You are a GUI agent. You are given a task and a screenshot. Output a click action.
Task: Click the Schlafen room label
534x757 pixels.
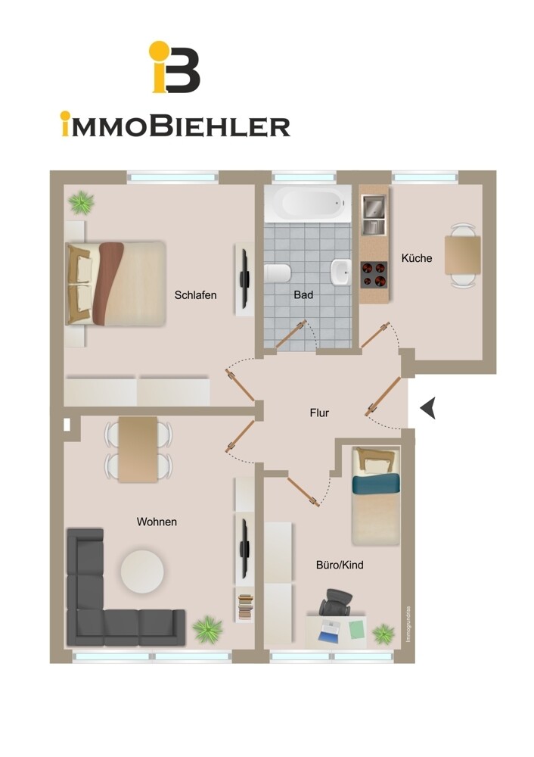click(x=195, y=295)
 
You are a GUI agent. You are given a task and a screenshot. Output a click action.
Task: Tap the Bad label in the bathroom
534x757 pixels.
click(x=303, y=294)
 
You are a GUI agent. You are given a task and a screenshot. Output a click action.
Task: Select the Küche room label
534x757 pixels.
click(x=417, y=258)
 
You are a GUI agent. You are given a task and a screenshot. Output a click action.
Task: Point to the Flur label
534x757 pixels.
click(x=319, y=413)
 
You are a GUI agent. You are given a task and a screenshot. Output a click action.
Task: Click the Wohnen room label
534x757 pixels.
click(x=157, y=522)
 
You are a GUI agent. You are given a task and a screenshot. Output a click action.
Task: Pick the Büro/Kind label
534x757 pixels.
click(x=340, y=565)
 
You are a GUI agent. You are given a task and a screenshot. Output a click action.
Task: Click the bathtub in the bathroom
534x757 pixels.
click(x=308, y=204)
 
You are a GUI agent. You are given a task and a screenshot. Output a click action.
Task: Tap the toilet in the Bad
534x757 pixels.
click(x=277, y=273)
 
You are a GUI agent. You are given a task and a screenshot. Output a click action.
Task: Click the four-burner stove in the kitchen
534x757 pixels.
click(x=374, y=275)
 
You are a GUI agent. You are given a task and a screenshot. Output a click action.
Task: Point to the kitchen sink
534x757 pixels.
click(x=374, y=214)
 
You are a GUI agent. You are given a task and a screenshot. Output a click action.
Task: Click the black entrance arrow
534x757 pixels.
click(x=428, y=408)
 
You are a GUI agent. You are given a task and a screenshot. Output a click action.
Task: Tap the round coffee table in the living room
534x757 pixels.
click(x=142, y=571)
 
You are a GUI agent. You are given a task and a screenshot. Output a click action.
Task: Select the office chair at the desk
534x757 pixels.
click(x=335, y=602)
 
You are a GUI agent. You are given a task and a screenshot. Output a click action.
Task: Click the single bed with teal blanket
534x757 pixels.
click(x=376, y=496)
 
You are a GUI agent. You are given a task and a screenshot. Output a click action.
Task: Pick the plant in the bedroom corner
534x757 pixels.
click(x=81, y=202)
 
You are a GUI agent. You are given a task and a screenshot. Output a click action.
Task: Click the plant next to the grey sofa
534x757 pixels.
click(x=208, y=629)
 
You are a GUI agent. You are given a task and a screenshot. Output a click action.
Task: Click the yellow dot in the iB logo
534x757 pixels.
click(x=159, y=50)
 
